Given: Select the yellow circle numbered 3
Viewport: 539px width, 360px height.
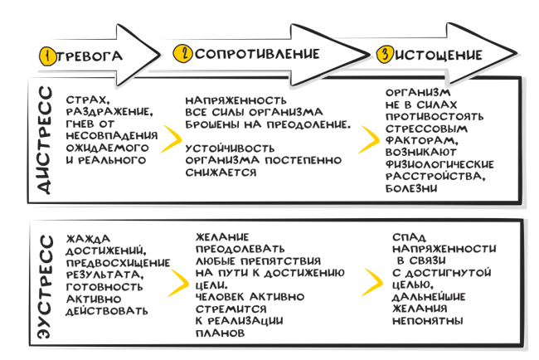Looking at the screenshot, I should (x=385, y=55).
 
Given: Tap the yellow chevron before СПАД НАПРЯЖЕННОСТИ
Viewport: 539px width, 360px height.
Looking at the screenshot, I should (x=371, y=282).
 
